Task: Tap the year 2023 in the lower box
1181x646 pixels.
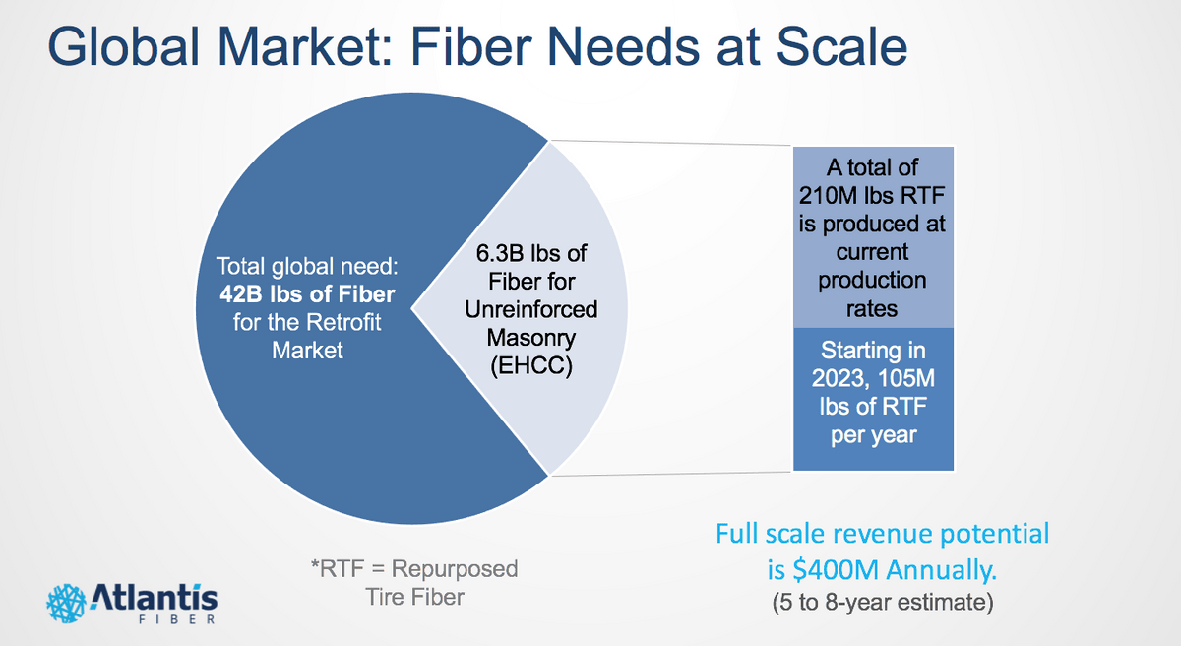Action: tap(838, 378)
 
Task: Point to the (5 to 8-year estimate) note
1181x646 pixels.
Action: tap(882, 601)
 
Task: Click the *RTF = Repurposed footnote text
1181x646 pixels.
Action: tap(412, 569)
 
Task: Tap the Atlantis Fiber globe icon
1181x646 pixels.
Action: tap(67, 600)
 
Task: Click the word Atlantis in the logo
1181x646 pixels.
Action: tap(155, 595)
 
